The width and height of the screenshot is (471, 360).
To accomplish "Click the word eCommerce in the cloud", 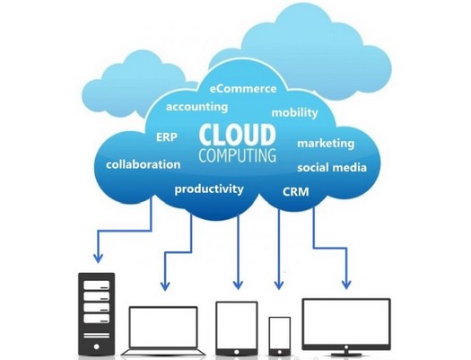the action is click(243, 89).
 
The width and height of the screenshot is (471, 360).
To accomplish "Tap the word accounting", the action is click(196, 107).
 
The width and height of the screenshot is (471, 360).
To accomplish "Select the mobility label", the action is click(294, 113).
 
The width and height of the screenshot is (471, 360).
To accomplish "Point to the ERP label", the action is click(167, 137).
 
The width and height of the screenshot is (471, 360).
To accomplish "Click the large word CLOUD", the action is click(238, 135).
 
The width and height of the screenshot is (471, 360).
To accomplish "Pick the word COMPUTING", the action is click(238, 155).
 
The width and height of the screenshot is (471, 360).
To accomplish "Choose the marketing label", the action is click(326, 144).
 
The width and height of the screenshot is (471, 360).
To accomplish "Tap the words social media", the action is click(332, 167).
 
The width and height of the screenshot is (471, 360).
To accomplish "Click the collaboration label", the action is click(144, 164).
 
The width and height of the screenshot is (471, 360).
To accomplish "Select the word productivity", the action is click(209, 189).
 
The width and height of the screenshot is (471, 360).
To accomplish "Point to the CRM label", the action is click(295, 192).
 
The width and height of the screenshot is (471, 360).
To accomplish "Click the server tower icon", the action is click(96, 314).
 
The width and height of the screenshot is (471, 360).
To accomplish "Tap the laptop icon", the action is click(163, 331).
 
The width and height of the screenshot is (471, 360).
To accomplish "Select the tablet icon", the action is click(237, 329).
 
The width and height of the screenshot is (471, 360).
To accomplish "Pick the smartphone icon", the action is click(280, 337).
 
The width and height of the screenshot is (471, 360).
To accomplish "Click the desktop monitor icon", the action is click(346, 327).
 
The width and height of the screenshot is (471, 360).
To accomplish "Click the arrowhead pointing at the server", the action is click(98, 259).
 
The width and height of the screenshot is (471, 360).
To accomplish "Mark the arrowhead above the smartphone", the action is click(279, 285).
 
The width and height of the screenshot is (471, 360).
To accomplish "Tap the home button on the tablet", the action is click(237, 352).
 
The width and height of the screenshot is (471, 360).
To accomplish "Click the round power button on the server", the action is click(96, 347).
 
